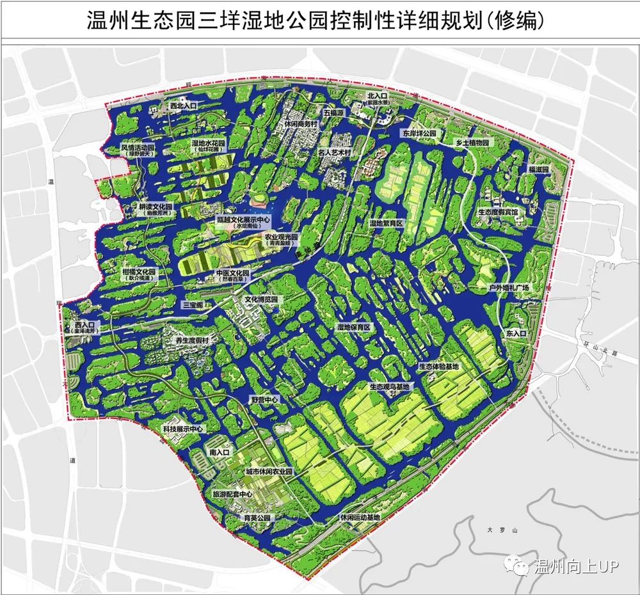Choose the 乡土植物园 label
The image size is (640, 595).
(471, 143)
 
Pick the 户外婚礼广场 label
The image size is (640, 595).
(509, 288)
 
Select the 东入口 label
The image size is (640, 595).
(515, 334)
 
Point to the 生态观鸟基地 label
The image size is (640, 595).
(388, 387)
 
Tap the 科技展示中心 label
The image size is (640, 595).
(181, 429)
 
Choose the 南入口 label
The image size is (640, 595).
(219, 452)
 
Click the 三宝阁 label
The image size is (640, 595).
(192, 305)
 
